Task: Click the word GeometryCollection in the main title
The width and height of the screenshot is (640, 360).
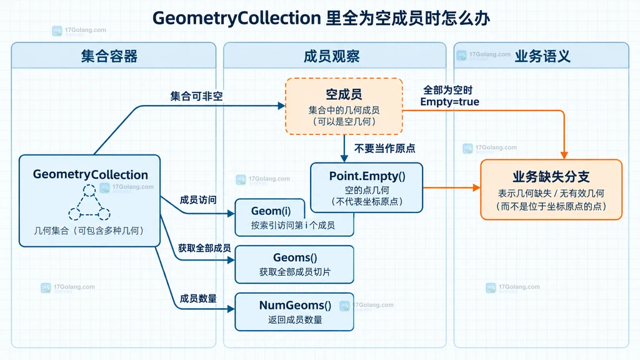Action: click(237, 18)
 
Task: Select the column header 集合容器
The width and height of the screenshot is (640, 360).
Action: click(109, 56)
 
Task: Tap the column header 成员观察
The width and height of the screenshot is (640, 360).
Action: click(331, 56)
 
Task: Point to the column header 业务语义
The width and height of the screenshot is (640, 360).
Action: click(542, 56)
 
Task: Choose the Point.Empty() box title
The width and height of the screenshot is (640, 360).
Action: click(367, 176)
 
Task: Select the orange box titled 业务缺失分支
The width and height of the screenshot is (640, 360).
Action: click(551, 190)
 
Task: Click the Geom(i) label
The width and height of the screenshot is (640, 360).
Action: click(271, 211)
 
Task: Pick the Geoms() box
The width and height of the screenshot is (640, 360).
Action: click(294, 264)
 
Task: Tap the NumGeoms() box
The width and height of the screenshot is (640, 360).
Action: click(294, 312)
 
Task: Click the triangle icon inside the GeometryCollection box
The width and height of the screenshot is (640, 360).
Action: click(89, 202)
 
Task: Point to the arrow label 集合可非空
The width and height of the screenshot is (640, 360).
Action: click(197, 96)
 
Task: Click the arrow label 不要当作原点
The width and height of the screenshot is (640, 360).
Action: click(385, 148)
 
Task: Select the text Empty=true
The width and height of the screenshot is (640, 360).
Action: click(450, 102)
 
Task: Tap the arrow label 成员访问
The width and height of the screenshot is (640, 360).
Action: click(198, 200)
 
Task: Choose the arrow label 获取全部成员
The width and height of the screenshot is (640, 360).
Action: click(204, 248)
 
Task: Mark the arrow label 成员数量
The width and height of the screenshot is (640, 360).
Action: click(198, 299)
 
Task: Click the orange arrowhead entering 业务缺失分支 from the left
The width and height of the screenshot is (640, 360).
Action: click(477, 187)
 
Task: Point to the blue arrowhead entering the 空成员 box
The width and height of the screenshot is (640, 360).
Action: click(282, 106)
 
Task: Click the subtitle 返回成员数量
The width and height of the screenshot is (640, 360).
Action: click(295, 319)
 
